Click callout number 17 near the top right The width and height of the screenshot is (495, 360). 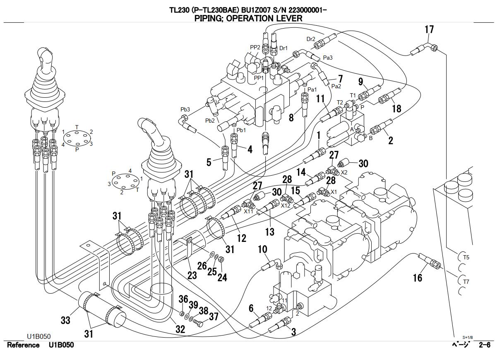429,30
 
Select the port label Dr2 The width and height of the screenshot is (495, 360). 311,39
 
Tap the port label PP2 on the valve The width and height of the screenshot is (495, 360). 255,48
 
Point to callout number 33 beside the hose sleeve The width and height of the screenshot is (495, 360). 65,320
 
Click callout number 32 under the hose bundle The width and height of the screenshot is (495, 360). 180,330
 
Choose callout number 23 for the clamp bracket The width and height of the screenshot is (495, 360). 192,275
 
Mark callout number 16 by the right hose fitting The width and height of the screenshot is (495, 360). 418,277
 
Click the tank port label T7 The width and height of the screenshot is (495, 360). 466,282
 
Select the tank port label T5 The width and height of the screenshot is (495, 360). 466,258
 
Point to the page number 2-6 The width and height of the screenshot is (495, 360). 485,345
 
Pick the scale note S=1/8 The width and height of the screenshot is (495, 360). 467,337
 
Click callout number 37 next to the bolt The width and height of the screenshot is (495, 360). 213,317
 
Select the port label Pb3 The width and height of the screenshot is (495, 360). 185,109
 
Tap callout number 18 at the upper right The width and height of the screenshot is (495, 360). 396,109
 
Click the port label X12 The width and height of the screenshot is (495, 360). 286,205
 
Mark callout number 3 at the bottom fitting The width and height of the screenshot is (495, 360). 293,332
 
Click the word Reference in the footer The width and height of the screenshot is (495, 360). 24,345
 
